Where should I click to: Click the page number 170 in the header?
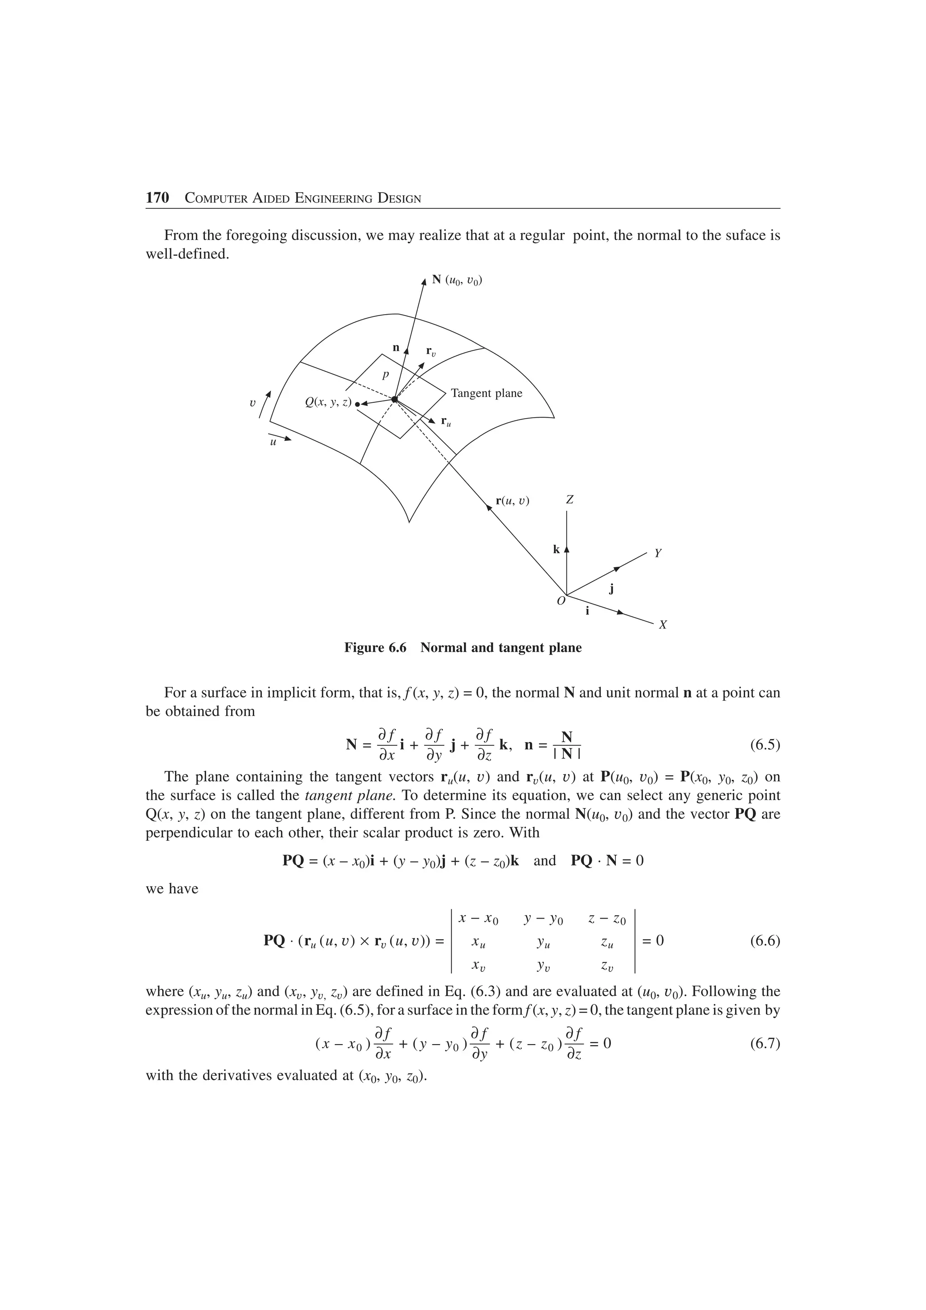(x=157, y=198)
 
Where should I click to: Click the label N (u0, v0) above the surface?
(x=458, y=280)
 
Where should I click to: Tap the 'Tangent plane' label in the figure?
(x=486, y=393)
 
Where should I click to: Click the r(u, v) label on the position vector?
(x=512, y=501)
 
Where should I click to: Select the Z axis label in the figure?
(x=569, y=500)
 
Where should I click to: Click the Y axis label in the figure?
(x=657, y=553)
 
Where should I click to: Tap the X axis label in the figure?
(x=662, y=625)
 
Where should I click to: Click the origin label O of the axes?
(x=561, y=601)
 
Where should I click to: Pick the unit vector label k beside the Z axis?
(x=556, y=549)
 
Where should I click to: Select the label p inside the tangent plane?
(x=385, y=375)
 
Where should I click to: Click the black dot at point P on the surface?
(x=394, y=400)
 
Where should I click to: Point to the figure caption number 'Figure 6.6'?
(x=375, y=648)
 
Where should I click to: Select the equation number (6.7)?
(x=764, y=1044)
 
